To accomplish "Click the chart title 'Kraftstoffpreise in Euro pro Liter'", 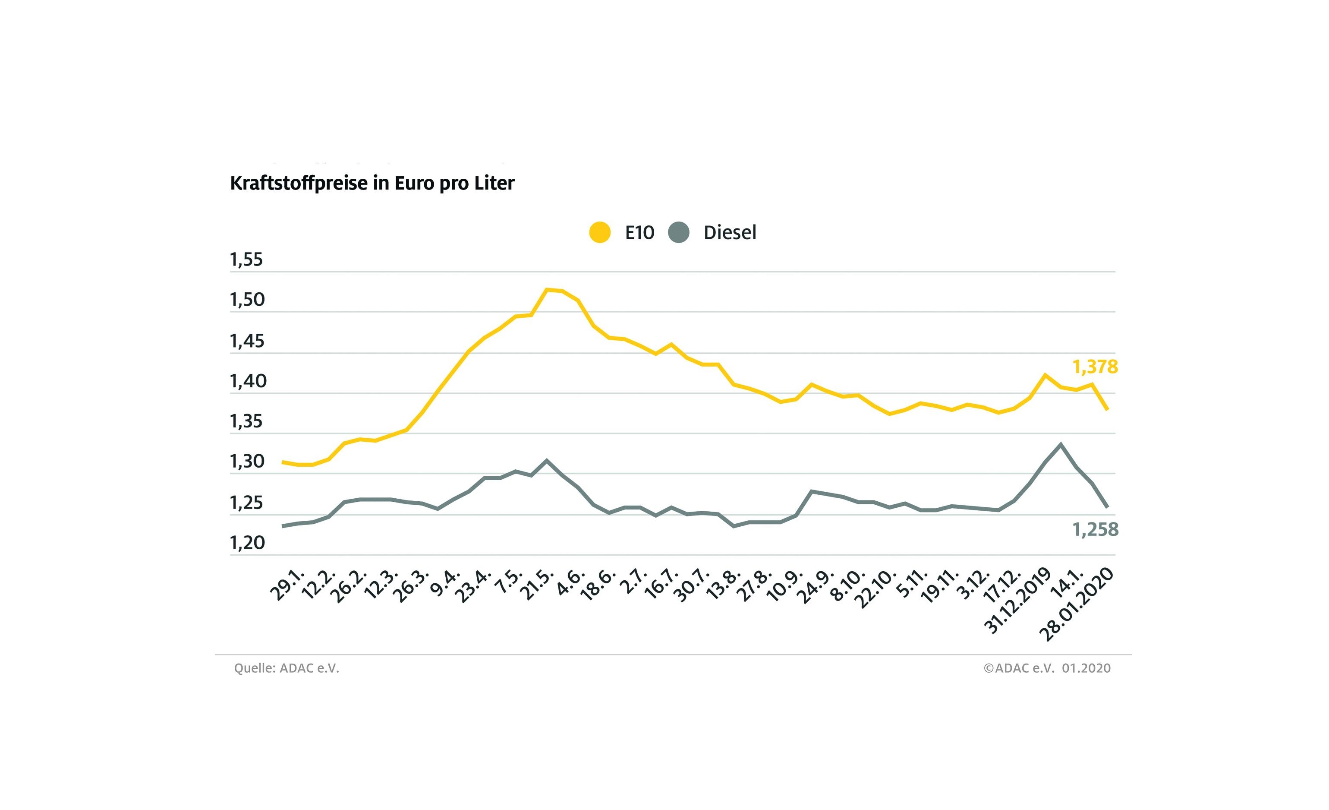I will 372,184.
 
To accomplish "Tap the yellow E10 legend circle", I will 600,233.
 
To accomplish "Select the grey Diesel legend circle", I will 678,233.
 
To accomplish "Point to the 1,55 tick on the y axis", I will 246,260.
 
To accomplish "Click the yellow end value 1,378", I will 1095,367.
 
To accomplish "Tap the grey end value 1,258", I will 1096,530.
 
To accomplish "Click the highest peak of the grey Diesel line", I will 1061,445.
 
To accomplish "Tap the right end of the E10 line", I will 1107,410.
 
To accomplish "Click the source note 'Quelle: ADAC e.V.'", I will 287,668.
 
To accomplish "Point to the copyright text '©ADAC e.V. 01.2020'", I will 1047,668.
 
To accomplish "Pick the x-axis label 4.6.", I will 570,583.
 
